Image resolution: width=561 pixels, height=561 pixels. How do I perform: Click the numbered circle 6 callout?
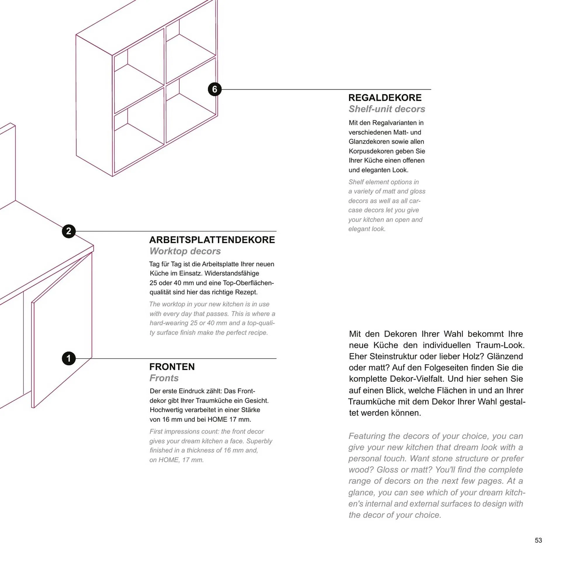pyautogui.click(x=214, y=89)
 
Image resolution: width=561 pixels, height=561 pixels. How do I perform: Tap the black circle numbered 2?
pyautogui.click(x=69, y=231)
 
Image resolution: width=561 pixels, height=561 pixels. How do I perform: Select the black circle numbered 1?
pyautogui.click(x=69, y=358)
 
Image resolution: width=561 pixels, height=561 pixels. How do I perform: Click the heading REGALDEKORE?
pyautogui.click(x=385, y=98)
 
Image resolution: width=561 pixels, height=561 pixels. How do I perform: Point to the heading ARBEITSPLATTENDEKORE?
pyautogui.click(x=212, y=240)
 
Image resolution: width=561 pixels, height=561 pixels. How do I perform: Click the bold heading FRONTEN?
pyautogui.click(x=172, y=367)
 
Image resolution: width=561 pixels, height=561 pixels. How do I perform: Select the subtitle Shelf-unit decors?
pyautogui.click(x=387, y=109)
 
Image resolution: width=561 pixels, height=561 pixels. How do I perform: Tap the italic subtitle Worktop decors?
pyautogui.click(x=185, y=251)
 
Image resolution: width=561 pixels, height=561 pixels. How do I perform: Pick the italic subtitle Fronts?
pyautogui.click(x=164, y=378)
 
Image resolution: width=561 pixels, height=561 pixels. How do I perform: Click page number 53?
pyautogui.click(x=538, y=540)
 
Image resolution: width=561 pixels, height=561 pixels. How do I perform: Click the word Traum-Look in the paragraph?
pyautogui.click(x=500, y=345)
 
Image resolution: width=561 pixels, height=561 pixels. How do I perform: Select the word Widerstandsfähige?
pyautogui.click(x=232, y=273)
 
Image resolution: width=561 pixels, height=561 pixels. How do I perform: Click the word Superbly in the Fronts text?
pyautogui.click(x=259, y=441)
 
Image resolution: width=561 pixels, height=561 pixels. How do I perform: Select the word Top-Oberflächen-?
pyautogui.click(x=248, y=283)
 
